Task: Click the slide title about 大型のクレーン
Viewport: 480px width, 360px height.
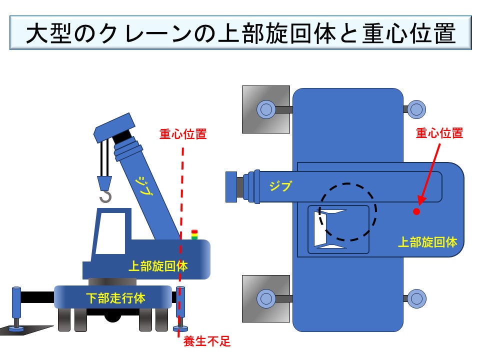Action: pyautogui.click(x=240, y=33)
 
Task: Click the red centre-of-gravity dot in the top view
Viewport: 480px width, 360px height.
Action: pyautogui.click(x=416, y=211)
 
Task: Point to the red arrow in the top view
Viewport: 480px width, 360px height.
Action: pyautogui.click(x=429, y=173)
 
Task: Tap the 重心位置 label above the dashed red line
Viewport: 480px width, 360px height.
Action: pyautogui.click(x=183, y=134)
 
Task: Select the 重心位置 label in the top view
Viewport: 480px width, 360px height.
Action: pyautogui.click(x=439, y=133)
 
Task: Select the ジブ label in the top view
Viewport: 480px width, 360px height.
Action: pyautogui.click(x=280, y=186)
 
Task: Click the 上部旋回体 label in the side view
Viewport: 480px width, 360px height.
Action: pyautogui.click(x=158, y=266)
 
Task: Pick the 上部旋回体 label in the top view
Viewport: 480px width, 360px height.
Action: pyautogui.click(x=427, y=242)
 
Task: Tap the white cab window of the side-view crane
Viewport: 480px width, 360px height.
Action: pyautogui.click(x=110, y=233)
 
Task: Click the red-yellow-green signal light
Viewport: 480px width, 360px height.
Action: pyautogui.click(x=194, y=234)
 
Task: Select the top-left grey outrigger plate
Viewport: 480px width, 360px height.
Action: pyautogui.click(x=266, y=109)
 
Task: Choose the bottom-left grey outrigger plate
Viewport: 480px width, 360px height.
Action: pyautogui.click(x=266, y=298)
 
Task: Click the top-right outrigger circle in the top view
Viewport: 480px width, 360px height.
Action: pyautogui.click(x=416, y=109)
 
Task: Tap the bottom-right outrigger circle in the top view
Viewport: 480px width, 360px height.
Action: pyautogui.click(x=416, y=298)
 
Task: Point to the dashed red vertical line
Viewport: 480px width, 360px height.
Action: pyautogui.click(x=181, y=200)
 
